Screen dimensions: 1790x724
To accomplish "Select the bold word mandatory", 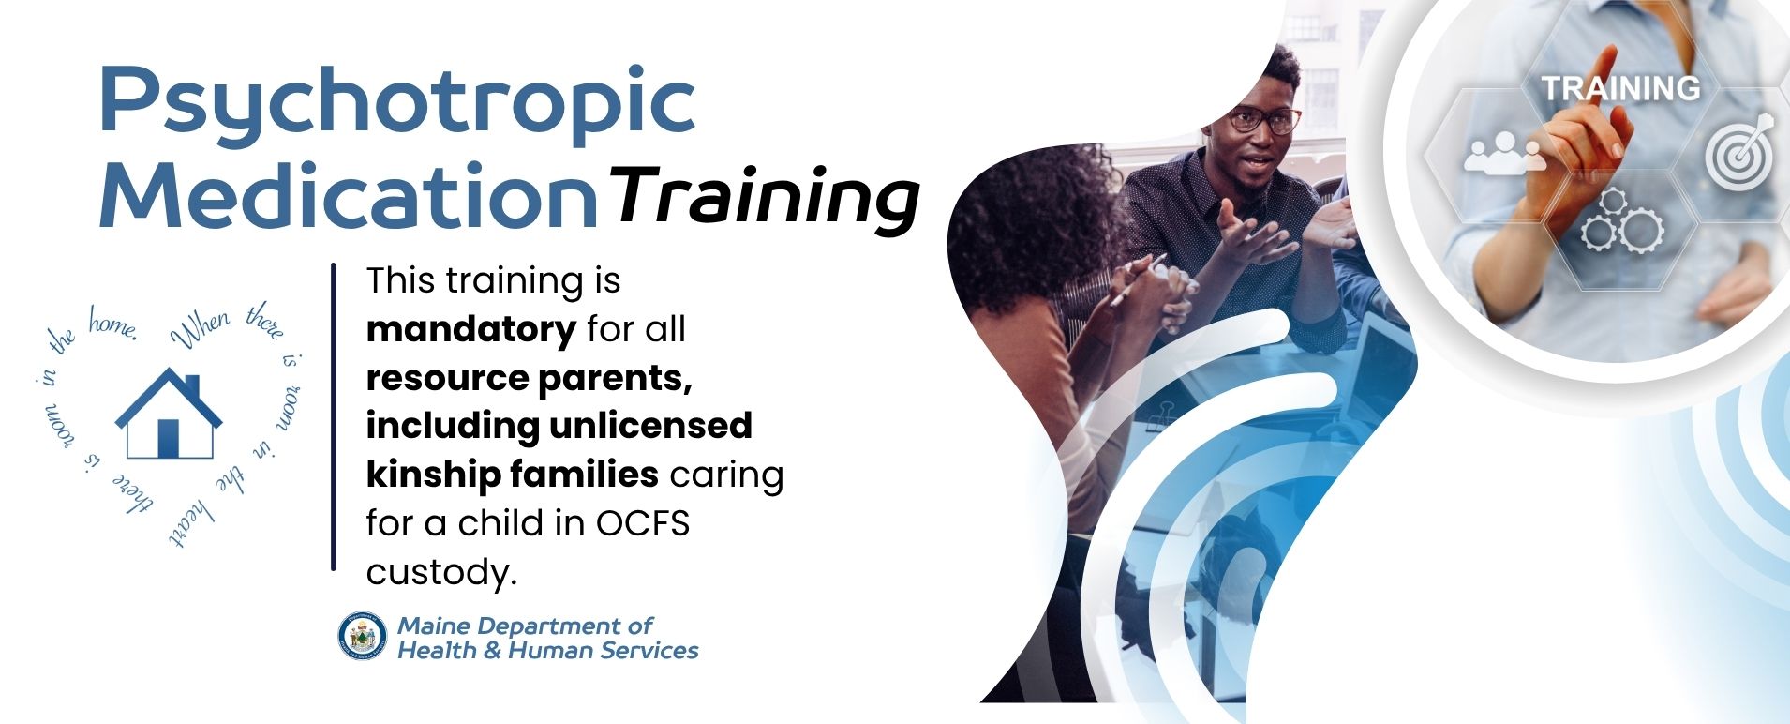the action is pos(470,329).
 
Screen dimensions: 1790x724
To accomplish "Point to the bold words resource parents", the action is pos(530,378).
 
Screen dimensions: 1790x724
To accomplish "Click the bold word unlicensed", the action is pos(650,425).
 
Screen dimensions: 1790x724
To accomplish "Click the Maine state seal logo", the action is pos(363,637).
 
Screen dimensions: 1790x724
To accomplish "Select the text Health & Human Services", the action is pos(548,650).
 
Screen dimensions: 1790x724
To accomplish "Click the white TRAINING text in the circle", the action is pos(1620,88).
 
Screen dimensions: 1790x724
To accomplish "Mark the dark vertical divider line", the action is pos(333,416).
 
